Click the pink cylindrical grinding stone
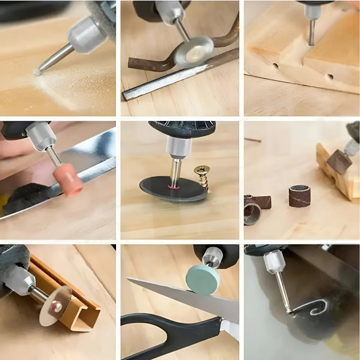click(68, 183)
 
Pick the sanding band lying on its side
click(256, 207)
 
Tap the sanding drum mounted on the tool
click(339, 162)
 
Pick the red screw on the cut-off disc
click(55, 305)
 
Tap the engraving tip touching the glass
click(288, 310)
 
